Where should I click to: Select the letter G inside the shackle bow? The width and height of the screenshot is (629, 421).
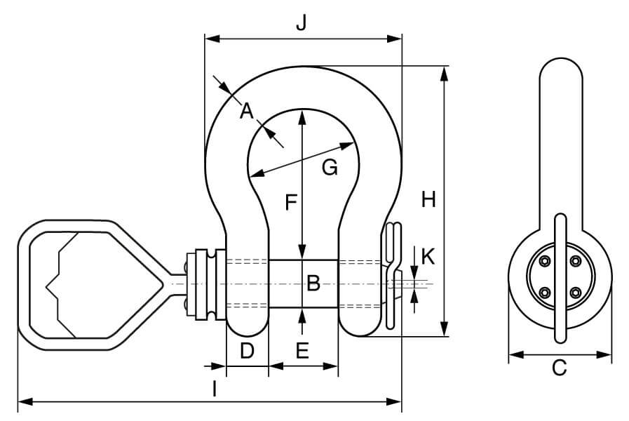(x=330, y=168)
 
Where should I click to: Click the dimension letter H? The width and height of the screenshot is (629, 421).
(x=428, y=200)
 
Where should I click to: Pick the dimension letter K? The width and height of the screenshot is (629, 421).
(x=428, y=257)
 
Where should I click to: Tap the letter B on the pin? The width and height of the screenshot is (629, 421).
(x=313, y=283)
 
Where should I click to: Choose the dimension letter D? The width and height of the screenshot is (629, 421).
(x=247, y=351)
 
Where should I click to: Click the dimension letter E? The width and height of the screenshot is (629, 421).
(x=302, y=351)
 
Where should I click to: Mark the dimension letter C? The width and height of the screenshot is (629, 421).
(x=559, y=367)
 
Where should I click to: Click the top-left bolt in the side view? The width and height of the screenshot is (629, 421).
(x=544, y=262)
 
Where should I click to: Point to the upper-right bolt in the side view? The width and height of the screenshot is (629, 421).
(x=575, y=262)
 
